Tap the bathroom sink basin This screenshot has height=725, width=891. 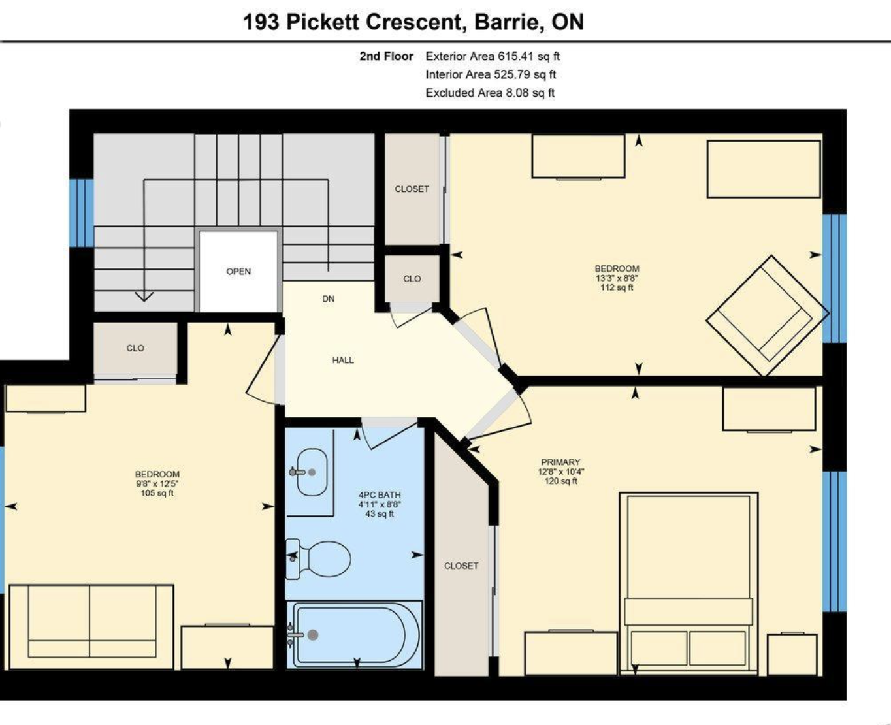click(312, 472)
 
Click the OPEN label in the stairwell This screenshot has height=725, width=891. click(238, 271)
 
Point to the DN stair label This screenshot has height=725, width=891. click(329, 298)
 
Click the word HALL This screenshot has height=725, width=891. click(343, 360)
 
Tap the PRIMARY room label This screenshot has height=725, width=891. click(560, 462)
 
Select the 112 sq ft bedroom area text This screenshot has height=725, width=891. click(617, 287)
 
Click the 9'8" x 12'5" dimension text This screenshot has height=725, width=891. click(157, 484)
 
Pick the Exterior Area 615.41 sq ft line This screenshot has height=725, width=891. click(493, 56)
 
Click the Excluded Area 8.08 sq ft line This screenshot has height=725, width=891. click(490, 93)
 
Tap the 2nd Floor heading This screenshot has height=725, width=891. click(386, 56)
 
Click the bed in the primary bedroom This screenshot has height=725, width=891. click(688, 583)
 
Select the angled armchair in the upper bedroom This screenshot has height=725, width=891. click(768, 315)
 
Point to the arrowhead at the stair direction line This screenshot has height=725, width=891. click(144, 297)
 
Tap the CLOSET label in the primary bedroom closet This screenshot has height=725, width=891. click(461, 566)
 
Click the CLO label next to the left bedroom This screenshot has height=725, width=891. click(135, 348)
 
